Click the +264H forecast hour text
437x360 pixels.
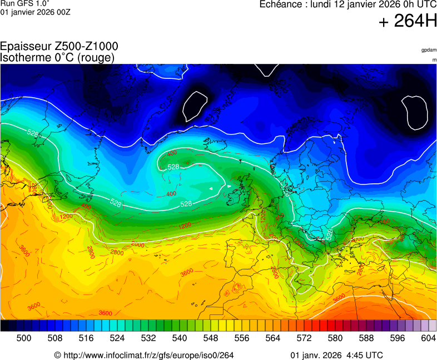pos(408,22)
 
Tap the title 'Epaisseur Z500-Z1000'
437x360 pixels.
pos(59,47)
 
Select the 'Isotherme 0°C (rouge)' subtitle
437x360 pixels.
pos(58,57)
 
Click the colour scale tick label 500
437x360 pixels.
pos(24,337)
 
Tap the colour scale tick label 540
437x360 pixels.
pos(180,337)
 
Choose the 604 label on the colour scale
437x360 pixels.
pos(428,337)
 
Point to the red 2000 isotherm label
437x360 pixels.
pos(137,244)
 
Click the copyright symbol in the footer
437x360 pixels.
pos(57,355)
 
